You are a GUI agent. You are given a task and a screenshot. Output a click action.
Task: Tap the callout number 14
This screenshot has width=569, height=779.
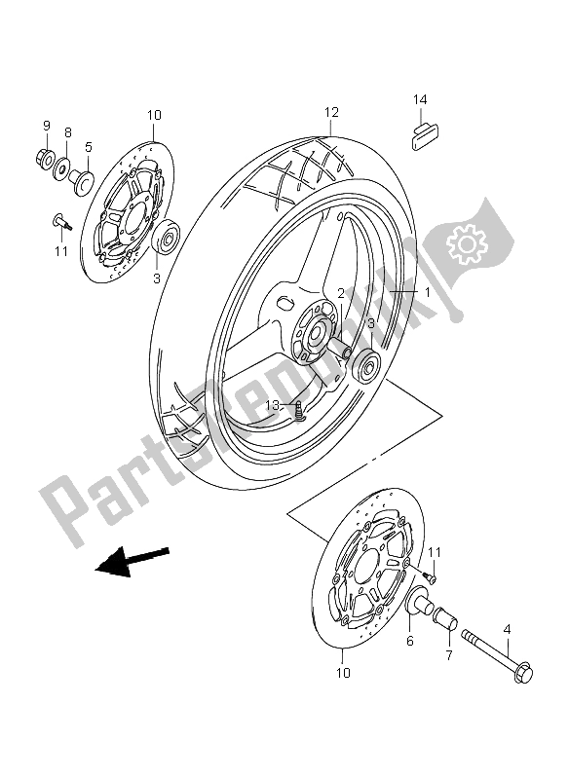[419, 99]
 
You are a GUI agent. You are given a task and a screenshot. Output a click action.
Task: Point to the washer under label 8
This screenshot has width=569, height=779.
[63, 166]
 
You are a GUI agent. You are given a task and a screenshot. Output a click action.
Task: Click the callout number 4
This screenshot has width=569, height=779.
[508, 628]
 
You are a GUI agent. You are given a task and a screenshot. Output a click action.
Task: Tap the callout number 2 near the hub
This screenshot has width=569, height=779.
[342, 292]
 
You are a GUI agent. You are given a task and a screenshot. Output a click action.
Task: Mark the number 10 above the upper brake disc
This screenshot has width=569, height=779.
[153, 116]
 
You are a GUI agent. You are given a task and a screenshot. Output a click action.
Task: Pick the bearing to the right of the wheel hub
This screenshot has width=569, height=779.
[367, 367]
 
